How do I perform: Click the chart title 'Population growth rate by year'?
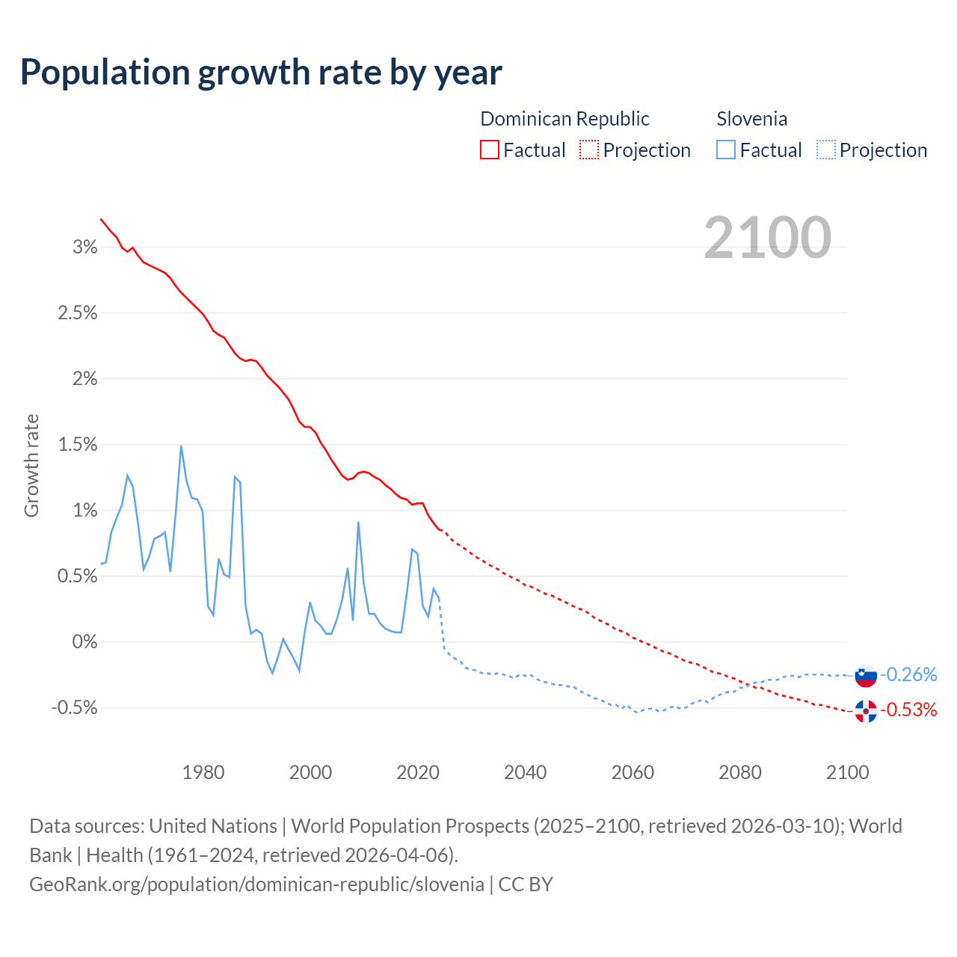click(x=261, y=73)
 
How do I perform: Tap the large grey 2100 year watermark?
click(x=767, y=238)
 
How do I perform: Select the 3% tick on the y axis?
click(x=85, y=247)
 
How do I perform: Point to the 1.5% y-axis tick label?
click(x=78, y=445)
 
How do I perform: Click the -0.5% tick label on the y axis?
click(x=74, y=708)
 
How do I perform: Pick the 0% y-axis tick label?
click(x=84, y=642)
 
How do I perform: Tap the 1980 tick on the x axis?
click(x=203, y=772)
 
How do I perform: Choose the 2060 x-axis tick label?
click(x=633, y=772)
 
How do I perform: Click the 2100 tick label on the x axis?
click(x=847, y=772)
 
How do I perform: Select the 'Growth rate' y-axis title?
click(x=31, y=465)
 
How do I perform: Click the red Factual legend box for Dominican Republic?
click(x=490, y=150)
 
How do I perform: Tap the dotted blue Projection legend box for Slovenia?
click(x=826, y=150)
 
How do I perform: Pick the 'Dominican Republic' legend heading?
click(x=564, y=119)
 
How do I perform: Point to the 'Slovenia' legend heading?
click(x=751, y=119)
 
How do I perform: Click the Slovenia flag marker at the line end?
click(x=866, y=675)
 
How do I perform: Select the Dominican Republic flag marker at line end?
click(x=866, y=711)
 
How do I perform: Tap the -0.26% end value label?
click(x=908, y=675)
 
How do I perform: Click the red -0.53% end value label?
click(x=908, y=710)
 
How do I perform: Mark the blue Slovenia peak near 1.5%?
click(x=181, y=446)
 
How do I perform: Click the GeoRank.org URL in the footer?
click(x=256, y=884)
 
